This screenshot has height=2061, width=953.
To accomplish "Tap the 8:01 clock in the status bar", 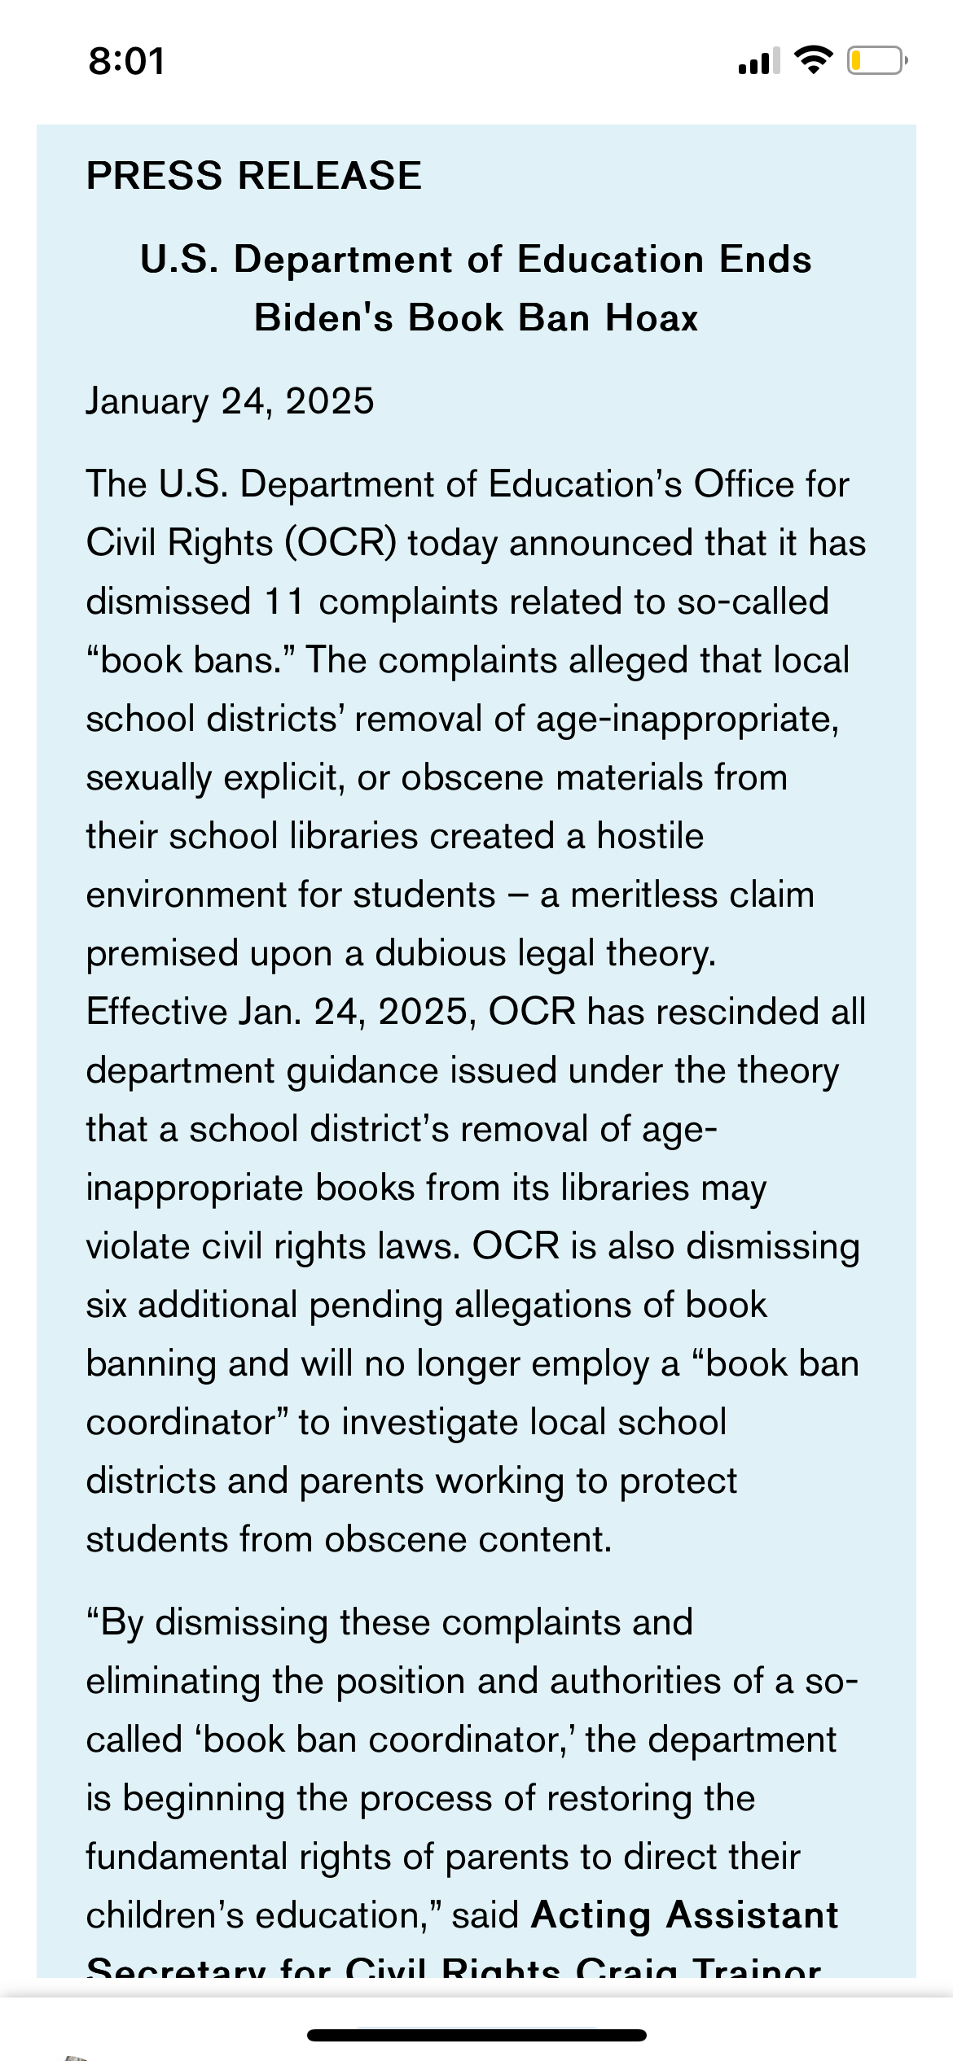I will tap(127, 62).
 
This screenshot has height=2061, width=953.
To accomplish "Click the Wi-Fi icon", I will tap(812, 60).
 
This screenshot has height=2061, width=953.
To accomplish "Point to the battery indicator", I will tap(876, 61).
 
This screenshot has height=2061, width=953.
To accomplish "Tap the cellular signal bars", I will tap(758, 61).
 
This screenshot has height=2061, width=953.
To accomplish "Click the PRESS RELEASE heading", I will tap(254, 176).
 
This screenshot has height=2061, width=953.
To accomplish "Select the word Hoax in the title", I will tap(652, 317).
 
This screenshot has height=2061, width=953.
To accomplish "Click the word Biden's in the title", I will tap(323, 317).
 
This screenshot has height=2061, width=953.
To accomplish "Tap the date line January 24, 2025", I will tap(231, 401).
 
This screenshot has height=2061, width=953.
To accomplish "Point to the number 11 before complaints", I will tap(284, 602).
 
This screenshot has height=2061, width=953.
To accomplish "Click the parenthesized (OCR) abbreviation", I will tap(340, 543).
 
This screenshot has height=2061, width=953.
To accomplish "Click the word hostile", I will tap(650, 837).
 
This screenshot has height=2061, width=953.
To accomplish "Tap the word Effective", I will tap(156, 1013).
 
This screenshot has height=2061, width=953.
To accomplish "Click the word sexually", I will tap(149, 778).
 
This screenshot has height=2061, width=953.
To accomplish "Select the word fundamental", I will tap(187, 1858).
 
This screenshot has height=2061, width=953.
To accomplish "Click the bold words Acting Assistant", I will tap(684, 1915).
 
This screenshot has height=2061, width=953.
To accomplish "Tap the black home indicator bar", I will tap(476, 2035).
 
